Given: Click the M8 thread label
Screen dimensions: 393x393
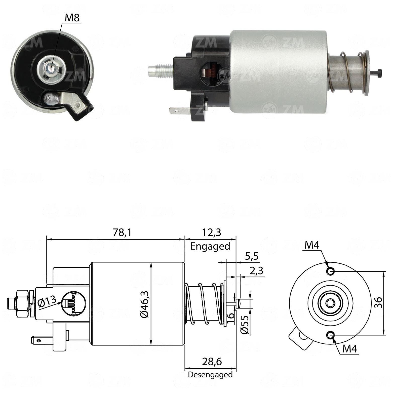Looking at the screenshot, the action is click(x=72, y=18).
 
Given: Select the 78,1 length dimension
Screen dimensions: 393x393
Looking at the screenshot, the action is click(x=122, y=232).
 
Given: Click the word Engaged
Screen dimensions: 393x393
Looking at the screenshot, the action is click(x=210, y=246).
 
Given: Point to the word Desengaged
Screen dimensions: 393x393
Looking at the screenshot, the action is click(x=210, y=375).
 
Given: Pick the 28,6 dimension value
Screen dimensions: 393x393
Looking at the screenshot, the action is click(x=212, y=362).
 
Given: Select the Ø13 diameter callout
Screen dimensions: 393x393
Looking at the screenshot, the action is click(x=47, y=301).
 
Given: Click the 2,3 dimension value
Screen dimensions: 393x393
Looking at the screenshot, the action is click(x=256, y=271).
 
